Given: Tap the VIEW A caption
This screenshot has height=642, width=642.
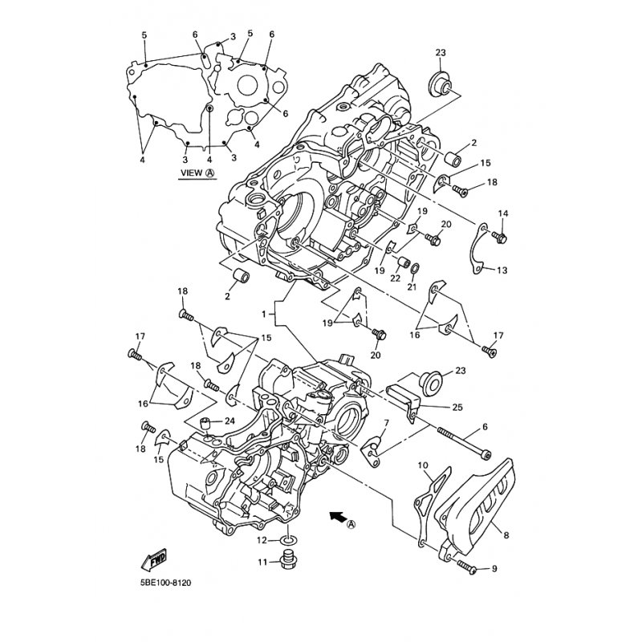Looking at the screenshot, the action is [198, 173].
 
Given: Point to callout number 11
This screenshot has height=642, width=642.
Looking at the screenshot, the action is [262, 563].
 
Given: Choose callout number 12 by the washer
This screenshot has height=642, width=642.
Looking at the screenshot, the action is [262, 541].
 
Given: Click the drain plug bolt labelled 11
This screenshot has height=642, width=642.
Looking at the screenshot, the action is [289, 560].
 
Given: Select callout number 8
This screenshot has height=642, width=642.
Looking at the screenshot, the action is [506, 534].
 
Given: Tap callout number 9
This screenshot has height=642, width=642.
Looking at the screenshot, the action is [494, 569].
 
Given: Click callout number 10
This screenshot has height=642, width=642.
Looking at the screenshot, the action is [423, 465].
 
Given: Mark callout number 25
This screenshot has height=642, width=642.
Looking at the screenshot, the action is [457, 407].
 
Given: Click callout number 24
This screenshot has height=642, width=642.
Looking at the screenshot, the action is [230, 421].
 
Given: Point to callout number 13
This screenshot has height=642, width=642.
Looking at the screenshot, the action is [502, 270].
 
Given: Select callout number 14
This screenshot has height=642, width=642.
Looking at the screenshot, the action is [503, 213].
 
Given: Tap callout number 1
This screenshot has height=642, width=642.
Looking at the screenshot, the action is [264, 314].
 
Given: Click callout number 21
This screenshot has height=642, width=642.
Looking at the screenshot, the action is [412, 287].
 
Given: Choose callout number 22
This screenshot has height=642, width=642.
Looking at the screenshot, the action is [395, 278].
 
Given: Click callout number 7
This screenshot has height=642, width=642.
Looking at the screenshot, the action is [386, 423].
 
